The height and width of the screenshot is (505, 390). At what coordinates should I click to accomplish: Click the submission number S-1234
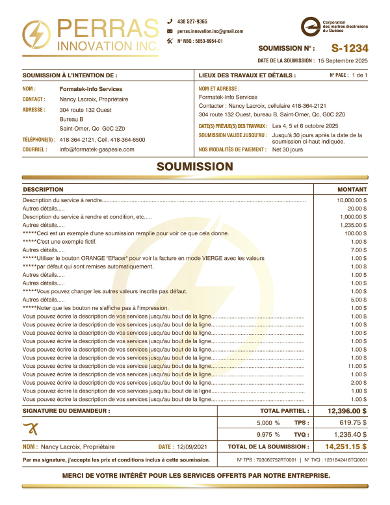(349, 48)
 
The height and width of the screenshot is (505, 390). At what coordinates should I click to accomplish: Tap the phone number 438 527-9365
(192, 21)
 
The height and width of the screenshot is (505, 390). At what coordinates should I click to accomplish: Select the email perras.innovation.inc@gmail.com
(210, 31)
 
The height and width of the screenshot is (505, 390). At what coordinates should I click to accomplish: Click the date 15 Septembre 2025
(343, 60)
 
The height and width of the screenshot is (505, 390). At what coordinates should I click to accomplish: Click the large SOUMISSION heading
(195, 167)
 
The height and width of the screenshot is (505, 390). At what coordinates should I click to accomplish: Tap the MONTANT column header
(352, 189)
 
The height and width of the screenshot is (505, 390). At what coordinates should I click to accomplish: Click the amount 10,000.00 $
(352, 201)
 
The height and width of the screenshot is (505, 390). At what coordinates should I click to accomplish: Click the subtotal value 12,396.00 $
(347, 411)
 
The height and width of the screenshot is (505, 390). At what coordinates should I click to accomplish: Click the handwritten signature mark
(31, 427)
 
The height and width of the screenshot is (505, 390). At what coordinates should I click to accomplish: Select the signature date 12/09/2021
(189, 447)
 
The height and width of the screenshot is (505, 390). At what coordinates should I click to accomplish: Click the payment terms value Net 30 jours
(287, 149)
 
